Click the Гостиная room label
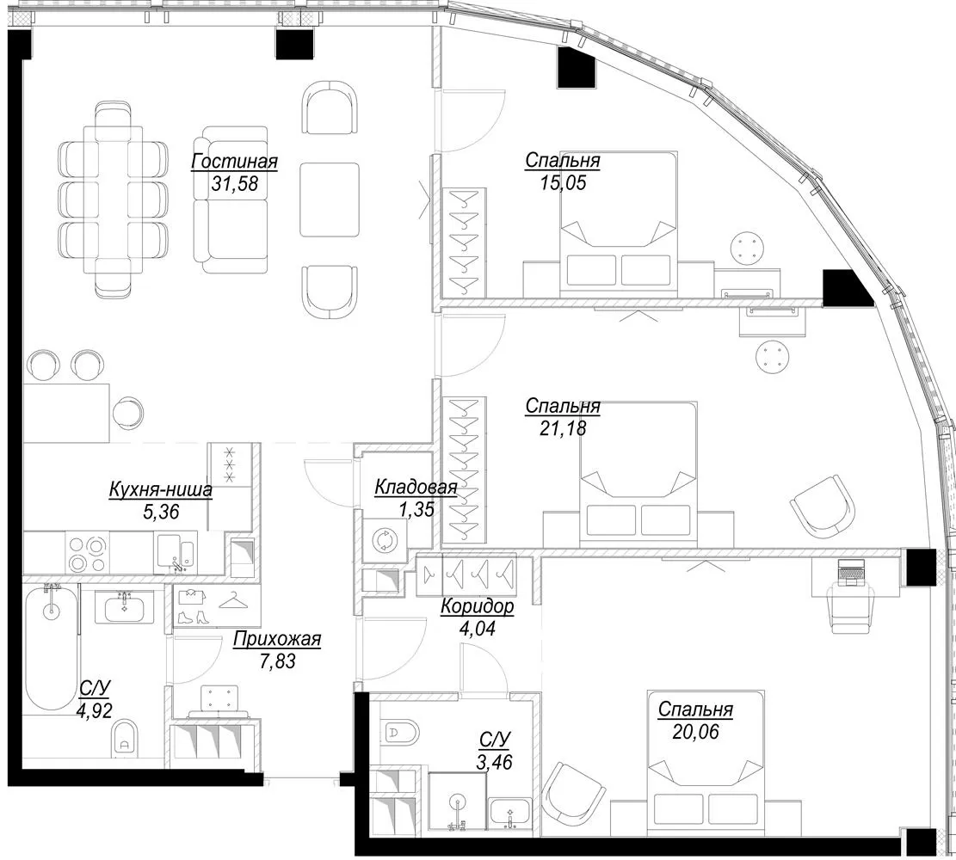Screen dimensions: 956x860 tap(234, 162)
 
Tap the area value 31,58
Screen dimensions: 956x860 tap(234, 183)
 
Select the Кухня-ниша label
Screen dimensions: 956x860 tap(161, 489)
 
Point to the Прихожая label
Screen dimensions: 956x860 tap(277, 639)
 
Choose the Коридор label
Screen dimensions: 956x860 tap(478, 606)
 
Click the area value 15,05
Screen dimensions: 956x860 tap(563, 182)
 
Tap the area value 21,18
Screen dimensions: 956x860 tap(563, 428)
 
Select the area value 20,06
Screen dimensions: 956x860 tap(695, 731)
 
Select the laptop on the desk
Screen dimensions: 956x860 tap(851, 573)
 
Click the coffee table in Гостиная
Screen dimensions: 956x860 tap(330, 199)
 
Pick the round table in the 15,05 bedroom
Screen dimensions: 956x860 tap(748, 248)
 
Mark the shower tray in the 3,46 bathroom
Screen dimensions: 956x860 tap(457, 802)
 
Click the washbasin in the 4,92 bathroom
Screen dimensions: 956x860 tap(125, 608)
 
